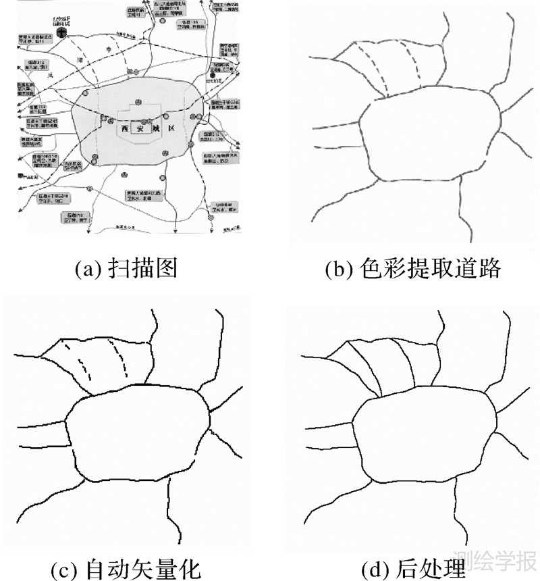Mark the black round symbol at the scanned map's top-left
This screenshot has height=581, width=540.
[x=61, y=32]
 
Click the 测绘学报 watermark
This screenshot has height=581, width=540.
[x=497, y=561]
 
